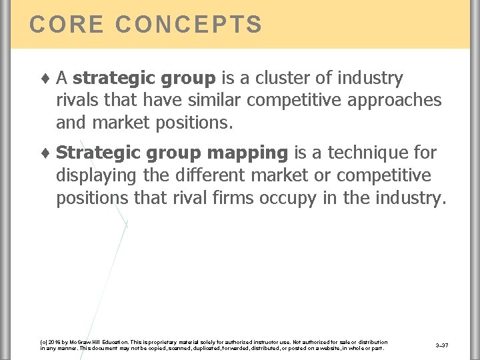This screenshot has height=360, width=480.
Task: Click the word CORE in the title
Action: pos(66,25)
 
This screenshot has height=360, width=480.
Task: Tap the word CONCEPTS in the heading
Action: pos(189,25)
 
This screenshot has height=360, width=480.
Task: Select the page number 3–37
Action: pos(441,345)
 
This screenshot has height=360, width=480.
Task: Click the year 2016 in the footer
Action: pos(53,342)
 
